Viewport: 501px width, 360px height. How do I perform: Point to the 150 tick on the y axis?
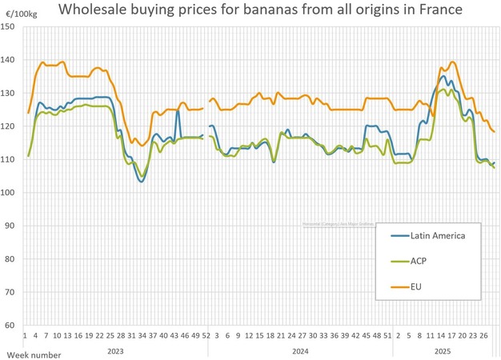point(9,26)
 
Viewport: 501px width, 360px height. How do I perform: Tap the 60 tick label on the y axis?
point(10,326)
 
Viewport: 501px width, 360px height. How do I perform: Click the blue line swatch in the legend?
point(399,234)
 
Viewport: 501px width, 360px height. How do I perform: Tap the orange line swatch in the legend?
point(399,286)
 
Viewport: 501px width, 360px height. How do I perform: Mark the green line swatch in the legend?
point(399,260)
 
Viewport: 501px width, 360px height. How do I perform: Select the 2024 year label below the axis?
point(300,350)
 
